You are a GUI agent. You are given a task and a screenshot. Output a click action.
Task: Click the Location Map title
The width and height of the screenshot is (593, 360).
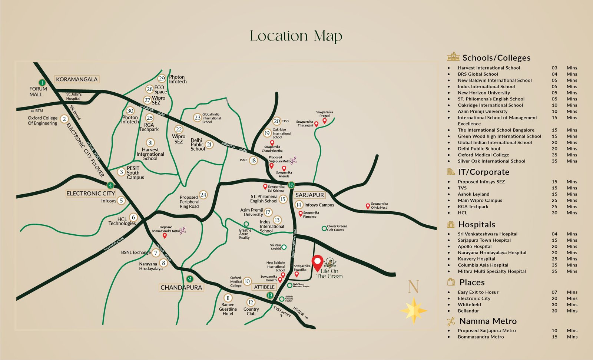pos(296,36)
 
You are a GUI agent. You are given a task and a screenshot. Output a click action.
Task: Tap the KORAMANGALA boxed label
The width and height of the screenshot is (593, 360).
pos(77,79)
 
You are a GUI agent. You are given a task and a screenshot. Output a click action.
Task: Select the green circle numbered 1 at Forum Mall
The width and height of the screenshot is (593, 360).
pos(42,83)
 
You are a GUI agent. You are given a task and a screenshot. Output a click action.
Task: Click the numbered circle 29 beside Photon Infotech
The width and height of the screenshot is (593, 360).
pos(162,78)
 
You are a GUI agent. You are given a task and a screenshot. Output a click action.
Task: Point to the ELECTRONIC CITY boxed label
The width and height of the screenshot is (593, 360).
pos(91,193)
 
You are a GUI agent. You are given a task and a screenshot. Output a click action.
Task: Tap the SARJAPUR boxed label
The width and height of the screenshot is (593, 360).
pos(309,195)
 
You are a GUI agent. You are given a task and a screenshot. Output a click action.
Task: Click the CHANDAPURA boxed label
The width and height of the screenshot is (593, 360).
pos(181,287)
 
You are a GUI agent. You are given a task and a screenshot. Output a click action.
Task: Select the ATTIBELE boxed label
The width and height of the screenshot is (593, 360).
pos(264,287)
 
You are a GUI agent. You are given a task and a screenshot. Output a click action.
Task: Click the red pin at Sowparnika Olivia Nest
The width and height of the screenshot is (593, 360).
pos(368,206)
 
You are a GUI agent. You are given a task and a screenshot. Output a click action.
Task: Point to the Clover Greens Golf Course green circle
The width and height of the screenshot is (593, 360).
pos(324,228)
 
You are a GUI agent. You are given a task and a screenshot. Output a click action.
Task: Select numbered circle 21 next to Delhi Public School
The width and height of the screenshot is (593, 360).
pos(209,145)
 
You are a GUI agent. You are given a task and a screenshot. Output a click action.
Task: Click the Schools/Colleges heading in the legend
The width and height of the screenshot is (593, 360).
pos(496,57)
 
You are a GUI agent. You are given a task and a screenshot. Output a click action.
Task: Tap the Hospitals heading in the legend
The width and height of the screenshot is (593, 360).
pos(477,224)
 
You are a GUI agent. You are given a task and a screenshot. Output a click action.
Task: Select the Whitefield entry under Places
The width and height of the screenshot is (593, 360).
pos(469,304)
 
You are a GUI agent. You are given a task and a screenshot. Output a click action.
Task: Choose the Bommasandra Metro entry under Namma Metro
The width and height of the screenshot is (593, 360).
pos(481,337)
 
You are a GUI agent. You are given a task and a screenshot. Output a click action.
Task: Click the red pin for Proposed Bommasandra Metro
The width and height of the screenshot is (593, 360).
pos(165,235)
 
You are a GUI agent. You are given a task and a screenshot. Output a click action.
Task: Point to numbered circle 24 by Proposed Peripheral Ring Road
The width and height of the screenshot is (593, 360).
pos(203,195)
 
